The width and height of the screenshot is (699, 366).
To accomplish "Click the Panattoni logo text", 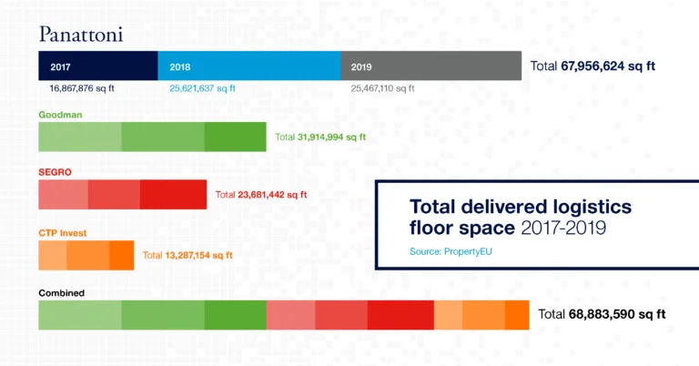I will tap(80, 35).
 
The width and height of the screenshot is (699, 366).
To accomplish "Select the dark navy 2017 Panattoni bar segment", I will tap(97, 66).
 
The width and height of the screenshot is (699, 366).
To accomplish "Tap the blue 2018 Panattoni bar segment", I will tap(248, 66).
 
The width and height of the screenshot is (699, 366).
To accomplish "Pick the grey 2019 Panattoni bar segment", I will tap(431, 66).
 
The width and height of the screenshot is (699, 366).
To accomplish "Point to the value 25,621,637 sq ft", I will tap(202, 89).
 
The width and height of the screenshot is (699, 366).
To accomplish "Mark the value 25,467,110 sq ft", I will tap(382, 89).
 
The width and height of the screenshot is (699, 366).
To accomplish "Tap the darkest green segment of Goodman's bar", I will tap(235, 137).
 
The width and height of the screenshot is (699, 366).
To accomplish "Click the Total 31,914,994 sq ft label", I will tap(319, 137).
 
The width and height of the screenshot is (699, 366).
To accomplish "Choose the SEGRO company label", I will tap(54, 171).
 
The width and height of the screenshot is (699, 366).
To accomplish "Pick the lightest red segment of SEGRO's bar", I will tap(63, 194).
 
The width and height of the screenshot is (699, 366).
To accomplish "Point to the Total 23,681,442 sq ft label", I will tap(261, 194).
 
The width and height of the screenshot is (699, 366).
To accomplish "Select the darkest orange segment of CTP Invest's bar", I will tap(121, 255).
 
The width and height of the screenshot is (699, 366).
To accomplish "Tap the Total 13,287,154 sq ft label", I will tap(188, 255).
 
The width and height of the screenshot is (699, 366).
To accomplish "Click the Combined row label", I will tap(62, 292).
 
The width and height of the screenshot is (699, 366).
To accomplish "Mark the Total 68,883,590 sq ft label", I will tap(602, 314).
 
